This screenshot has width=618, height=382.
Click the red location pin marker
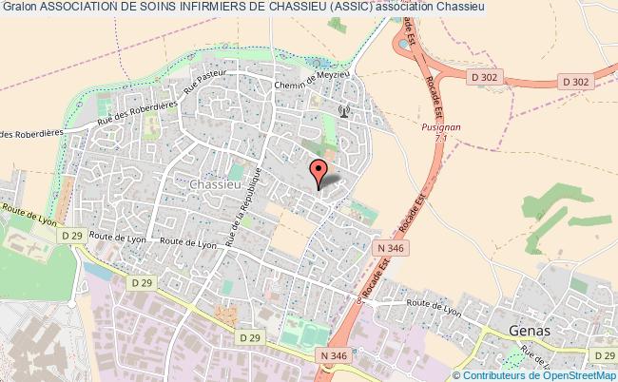click(319, 172)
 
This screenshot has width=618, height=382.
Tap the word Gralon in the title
click(18, 7)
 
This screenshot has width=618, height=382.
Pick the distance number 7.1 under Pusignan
click(440, 139)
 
